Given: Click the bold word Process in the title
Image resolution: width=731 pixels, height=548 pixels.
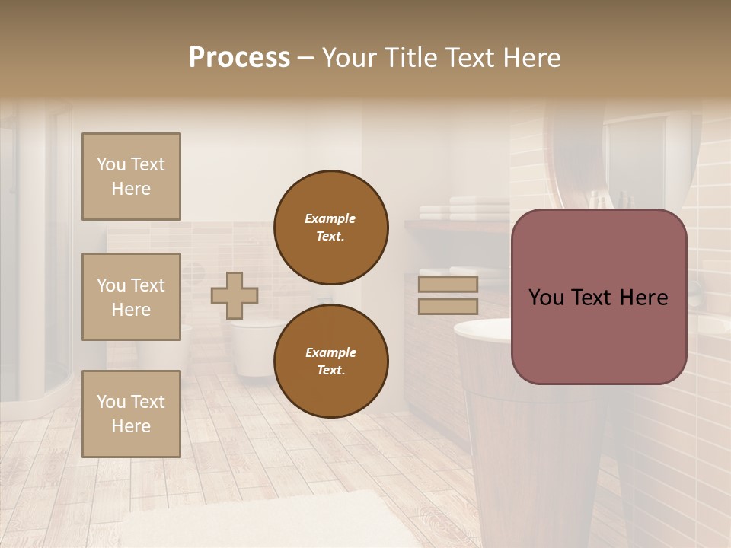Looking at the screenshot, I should pyautogui.click(x=239, y=58).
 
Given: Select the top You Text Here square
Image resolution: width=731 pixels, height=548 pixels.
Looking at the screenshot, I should pyautogui.click(x=131, y=177).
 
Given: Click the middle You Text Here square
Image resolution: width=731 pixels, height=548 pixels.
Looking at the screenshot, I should pyautogui.click(x=131, y=297).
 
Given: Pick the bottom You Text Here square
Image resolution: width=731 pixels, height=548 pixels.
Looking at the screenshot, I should pyautogui.click(x=131, y=413).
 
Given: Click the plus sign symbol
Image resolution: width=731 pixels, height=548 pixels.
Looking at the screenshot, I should pyautogui.click(x=235, y=295).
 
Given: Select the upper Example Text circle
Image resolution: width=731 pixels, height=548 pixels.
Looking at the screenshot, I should pyautogui.click(x=330, y=228).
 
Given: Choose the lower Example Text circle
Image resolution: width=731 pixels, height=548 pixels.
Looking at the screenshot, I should pyautogui.click(x=330, y=361).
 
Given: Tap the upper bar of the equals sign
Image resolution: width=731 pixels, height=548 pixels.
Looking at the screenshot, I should pyautogui.click(x=448, y=285).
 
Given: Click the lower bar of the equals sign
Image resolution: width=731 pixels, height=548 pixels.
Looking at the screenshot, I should pyautogui.click(x=448, y=307).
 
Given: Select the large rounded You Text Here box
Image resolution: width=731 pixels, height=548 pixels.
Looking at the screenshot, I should pyautogui.click(x=599, y=297).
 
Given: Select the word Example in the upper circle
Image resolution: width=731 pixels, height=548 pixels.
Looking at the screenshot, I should pyautogui.click(x=330, y=219).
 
